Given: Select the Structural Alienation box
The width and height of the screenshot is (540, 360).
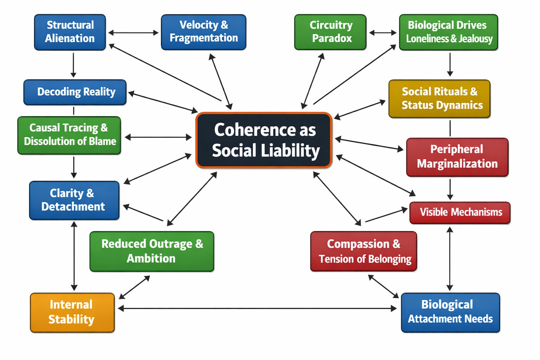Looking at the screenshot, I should [x=70, y=32].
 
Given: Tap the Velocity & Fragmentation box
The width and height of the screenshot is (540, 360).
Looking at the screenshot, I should [x=204, y=32].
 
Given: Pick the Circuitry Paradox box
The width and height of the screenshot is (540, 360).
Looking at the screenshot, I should [x=330, y=32].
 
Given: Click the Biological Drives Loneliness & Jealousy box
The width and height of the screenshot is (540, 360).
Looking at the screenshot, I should [x=449, y=32].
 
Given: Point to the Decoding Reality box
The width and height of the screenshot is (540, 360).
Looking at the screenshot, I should [x=75, y=92].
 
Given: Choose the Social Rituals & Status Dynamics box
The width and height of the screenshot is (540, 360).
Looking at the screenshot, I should [x=439, y=98].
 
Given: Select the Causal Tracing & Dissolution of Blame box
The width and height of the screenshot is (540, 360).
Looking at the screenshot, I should [x=69, y=135].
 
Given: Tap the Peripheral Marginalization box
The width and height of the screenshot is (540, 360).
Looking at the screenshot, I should [x=457, y=157].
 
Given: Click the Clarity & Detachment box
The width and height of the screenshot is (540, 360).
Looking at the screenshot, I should [x=74, y=200].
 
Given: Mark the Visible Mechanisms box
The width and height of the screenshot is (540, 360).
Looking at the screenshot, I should [x=460, y=212].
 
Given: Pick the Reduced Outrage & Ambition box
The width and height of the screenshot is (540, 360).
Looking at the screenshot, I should [x=152, y=251].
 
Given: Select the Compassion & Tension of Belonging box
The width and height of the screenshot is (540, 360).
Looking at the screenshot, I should [x=364, y=251].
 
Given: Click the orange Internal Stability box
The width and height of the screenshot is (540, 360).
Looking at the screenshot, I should [x=72, y=312].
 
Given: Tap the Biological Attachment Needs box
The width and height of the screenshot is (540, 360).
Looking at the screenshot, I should [x=450, y=312].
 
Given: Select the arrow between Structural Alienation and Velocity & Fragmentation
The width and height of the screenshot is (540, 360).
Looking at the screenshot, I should [x=133, y=33].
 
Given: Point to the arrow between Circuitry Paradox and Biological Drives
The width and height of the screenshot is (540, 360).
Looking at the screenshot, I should [x=382, y=33].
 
